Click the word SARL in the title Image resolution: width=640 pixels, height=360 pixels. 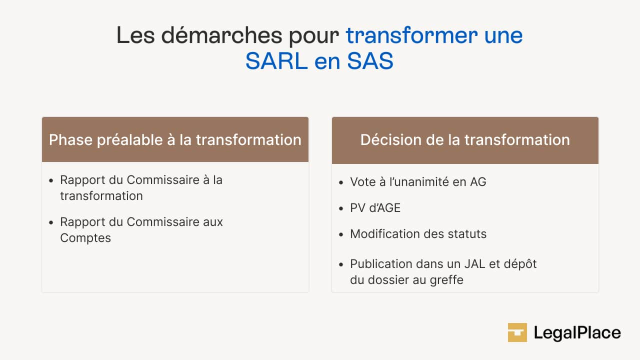(276, 61)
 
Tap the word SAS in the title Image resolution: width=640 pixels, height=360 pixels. (370, 61)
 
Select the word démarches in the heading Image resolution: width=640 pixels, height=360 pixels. (221, 35)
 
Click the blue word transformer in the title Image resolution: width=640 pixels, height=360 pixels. (411, 35)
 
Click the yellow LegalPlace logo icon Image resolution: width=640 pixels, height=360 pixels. (517, 332)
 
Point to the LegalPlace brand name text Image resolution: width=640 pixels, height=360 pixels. (577, 333)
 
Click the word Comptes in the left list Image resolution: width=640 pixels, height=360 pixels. (85, 238)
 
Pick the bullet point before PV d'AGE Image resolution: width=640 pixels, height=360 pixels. (341, 208)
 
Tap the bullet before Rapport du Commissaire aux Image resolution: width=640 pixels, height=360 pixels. (51, 222)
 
